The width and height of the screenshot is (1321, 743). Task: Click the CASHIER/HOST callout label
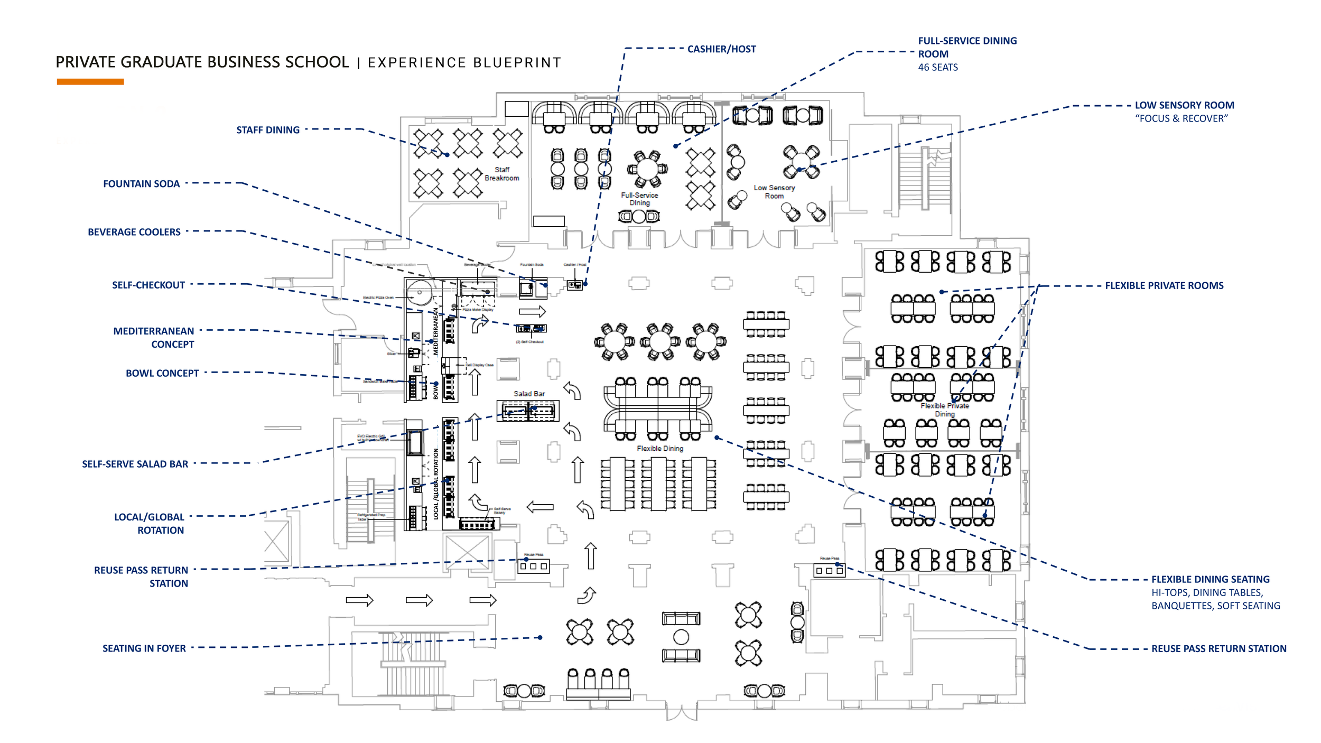tap(721, 49)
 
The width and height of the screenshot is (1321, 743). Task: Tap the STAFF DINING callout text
tap(268, 130)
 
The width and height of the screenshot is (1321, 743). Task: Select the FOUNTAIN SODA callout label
tap(141, 184)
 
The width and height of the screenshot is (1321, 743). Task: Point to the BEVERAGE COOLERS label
tap(134, 232)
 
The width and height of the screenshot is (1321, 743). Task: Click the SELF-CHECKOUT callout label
tap(148, 285)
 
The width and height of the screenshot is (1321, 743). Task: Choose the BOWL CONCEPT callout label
tap(162, 373)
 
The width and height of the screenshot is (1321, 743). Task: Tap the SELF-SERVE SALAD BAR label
tap(135, 464)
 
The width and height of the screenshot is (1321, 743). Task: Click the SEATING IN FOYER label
tap(144, 648)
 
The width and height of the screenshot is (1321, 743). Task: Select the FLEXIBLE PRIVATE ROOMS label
tap(1164, 286)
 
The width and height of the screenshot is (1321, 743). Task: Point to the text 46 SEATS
tap(938, 68)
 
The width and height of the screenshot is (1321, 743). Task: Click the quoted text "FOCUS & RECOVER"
tap(1182, 119)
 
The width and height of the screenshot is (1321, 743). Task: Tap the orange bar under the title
tap(90, 82)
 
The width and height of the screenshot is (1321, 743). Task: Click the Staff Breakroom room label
tap(502, 174)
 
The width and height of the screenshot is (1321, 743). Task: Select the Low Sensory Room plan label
tap(774, 192)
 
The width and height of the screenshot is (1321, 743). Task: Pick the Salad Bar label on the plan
tap(529, 394)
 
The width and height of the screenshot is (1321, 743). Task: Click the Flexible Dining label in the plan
tap(660, 449)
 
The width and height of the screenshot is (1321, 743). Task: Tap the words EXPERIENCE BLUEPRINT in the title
tap(464, 63)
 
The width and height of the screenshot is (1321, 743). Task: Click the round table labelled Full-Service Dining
tap(647, 169)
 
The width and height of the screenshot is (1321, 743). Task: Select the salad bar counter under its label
tap(528, 411)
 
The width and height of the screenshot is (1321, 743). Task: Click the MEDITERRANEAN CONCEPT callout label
tap(154, 338)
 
